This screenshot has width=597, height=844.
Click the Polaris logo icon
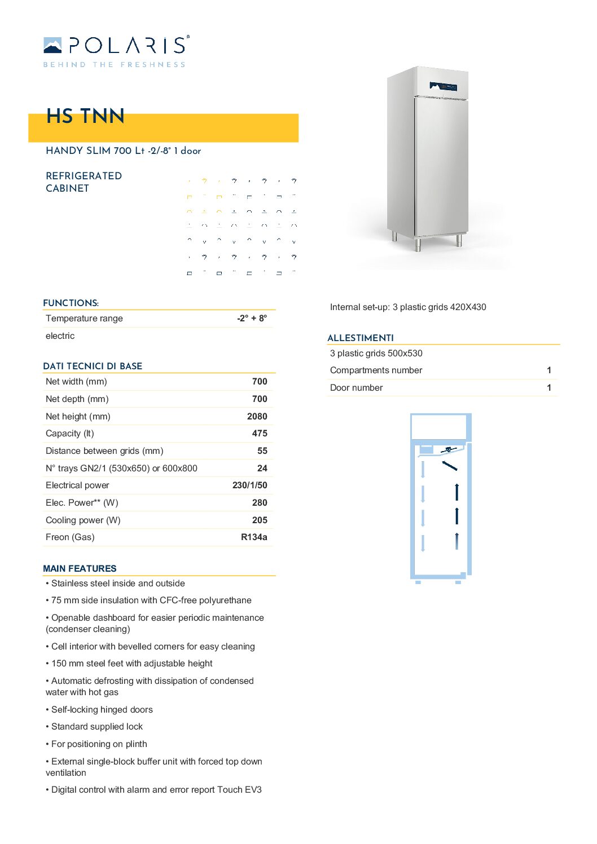coord(52,45)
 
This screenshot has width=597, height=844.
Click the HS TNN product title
coord(85,116)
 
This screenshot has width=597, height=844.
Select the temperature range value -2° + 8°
coord(252,319)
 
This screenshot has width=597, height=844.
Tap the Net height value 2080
coord(257,417)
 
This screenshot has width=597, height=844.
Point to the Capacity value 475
coord(260,434)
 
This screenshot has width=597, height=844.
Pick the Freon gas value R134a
coord(254,537)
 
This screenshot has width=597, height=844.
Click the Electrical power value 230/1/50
coord(249,485)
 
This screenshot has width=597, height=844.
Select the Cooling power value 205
coord(260,520)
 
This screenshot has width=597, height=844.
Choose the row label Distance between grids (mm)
coord(104,451)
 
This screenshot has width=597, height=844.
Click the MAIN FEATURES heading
coord(80,568)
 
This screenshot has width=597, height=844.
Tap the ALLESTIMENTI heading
coord(361,338)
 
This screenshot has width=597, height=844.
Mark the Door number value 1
coord(548,388)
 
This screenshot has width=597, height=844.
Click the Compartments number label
coord(376,370)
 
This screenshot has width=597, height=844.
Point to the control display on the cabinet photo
coord(443,86)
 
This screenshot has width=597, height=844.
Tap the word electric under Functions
coord(60,336)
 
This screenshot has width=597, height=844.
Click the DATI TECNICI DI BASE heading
coord(93,366)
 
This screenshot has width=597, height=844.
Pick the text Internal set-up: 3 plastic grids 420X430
coord(408,307)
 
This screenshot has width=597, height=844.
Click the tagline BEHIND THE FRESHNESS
coord(114,65)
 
